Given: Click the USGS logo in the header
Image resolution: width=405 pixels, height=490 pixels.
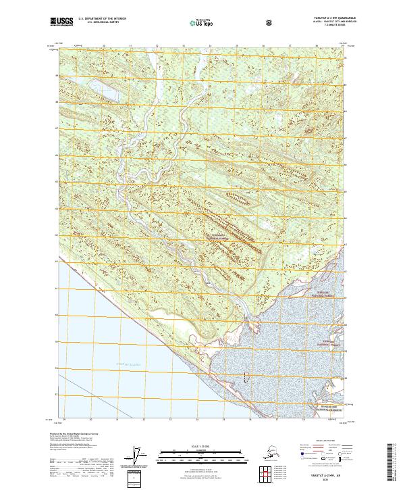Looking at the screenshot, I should (x=61, y=22).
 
